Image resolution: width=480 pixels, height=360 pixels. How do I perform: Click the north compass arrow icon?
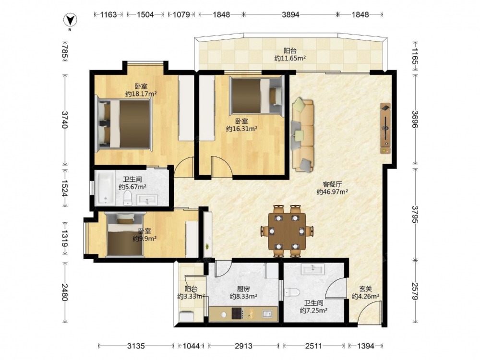click(70, 21)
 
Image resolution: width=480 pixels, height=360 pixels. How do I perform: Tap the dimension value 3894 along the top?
click(290, 14)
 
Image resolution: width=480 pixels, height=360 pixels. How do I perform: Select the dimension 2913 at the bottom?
click(243, 346)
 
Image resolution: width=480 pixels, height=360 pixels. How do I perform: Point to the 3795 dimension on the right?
click(415, 214)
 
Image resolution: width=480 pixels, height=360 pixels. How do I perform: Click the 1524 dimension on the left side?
click(65, 188)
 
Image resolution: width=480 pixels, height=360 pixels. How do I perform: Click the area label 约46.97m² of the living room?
click(332, 192)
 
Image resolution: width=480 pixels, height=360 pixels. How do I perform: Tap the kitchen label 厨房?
click(243, 288)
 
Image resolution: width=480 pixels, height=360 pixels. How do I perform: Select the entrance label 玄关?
click(365, 288)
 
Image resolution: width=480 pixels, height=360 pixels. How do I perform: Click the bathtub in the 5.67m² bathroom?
click(105, 188)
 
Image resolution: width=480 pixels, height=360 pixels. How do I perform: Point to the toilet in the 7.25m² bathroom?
click(291, 292)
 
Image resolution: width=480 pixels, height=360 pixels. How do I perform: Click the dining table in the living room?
click(287, 231)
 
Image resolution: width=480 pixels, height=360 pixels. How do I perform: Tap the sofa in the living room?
click(303, 135)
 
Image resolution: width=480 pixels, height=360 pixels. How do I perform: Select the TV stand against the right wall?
click(385, 128)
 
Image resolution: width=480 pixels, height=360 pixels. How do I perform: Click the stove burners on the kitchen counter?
click(237, 314)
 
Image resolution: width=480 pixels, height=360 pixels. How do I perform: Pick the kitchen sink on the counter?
click(267, 314)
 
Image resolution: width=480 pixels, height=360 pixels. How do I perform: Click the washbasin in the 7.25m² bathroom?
click(312, 269)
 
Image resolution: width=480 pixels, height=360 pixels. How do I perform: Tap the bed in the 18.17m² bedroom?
click(124, 124)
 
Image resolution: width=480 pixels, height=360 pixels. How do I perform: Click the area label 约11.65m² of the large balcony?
click(290, 58)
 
